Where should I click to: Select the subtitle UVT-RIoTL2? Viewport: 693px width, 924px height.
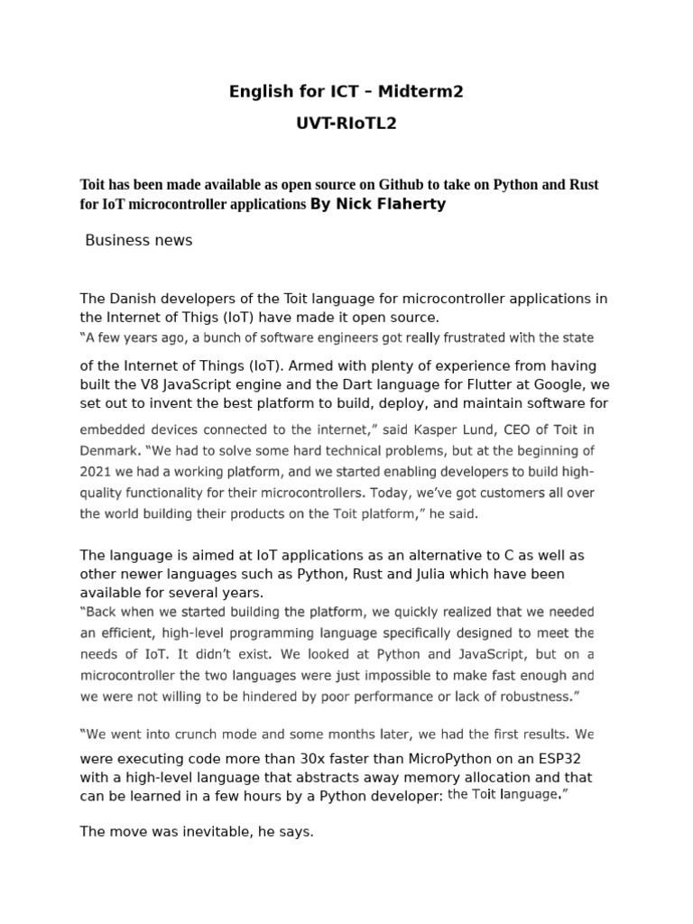[346, 125]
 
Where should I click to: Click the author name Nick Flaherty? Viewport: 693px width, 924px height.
[378, 204]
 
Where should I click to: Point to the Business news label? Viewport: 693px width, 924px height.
[138, 240]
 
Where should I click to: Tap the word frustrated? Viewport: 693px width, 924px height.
[452, 338]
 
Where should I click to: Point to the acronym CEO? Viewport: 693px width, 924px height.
[522, 430]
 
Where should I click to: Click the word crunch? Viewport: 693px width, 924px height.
[208, 734]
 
